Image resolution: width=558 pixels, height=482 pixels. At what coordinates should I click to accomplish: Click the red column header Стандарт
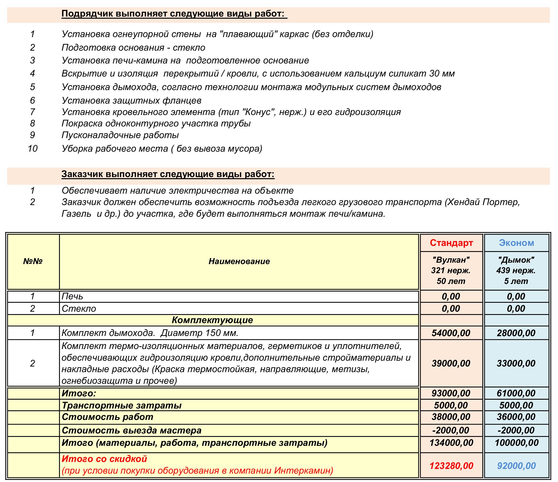(x=451, y=243)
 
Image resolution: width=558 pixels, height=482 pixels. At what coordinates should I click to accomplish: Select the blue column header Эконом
(x=516, y=243)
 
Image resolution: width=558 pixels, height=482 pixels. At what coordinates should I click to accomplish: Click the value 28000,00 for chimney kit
(x=516, y=333)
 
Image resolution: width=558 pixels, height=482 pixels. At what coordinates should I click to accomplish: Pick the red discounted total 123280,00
(x=451, y=466)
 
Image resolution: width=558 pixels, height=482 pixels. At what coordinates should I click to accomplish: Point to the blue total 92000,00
(x=516, y=466)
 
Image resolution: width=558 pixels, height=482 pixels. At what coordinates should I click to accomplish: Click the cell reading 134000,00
(x=451, y=443)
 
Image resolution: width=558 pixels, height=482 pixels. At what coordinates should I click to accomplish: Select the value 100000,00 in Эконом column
(x=516, y=443)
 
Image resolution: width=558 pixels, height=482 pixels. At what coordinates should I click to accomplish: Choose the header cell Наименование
(x=239, y=261)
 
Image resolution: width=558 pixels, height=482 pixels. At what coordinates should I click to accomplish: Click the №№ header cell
(x=33, y=261)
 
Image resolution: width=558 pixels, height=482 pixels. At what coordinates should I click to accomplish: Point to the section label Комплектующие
(x=212, y=320)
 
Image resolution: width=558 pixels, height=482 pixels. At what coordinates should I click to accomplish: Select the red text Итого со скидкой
(x=105, y=459)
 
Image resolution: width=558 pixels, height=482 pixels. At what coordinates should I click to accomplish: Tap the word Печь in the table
(x=72, y=297)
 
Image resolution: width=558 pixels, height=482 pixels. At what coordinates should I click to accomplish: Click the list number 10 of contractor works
(x=33, y=149)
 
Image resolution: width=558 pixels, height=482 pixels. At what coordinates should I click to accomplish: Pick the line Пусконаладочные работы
(x=120, y=135)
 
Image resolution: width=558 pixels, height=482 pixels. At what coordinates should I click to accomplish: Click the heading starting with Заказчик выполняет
(x=168, y=174)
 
